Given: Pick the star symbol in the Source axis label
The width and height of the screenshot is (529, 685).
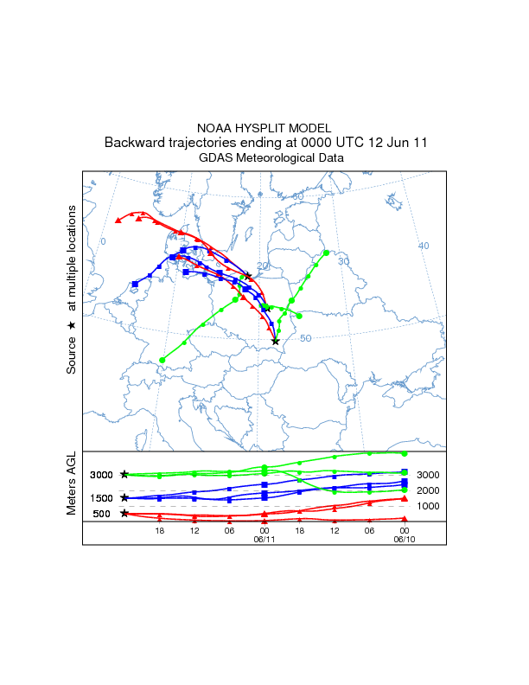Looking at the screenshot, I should (x=73, y=324).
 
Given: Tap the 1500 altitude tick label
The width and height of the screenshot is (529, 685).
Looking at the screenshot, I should (x=101, y=498).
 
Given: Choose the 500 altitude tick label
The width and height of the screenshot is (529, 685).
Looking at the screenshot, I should (x=101, y=514).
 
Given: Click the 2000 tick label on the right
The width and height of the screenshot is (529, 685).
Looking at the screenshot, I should (x=428, y=490).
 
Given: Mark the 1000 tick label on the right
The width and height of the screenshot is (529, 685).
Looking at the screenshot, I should (x=428, y=505).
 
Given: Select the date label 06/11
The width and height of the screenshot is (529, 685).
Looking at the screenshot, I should (x=264, y=539).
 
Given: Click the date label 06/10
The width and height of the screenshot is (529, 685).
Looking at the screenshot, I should (x=404, y=539).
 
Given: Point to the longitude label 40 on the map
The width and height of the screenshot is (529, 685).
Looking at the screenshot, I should (x=424, y=246).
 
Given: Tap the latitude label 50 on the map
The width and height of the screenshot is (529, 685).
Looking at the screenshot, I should (x=305, y=337).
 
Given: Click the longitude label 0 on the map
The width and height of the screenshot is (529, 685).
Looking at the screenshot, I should (x=103, y=241).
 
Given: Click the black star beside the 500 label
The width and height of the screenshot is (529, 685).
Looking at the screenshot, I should (x=124, y=514).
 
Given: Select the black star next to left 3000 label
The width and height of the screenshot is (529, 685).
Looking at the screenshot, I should (x=124, y=474).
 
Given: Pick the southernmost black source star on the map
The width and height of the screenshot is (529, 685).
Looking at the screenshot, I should (x=276, y=342).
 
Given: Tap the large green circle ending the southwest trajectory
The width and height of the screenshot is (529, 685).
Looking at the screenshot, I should (x=163, y=360).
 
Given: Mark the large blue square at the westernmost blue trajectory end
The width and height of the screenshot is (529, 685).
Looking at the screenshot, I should (x=135, y=284).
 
